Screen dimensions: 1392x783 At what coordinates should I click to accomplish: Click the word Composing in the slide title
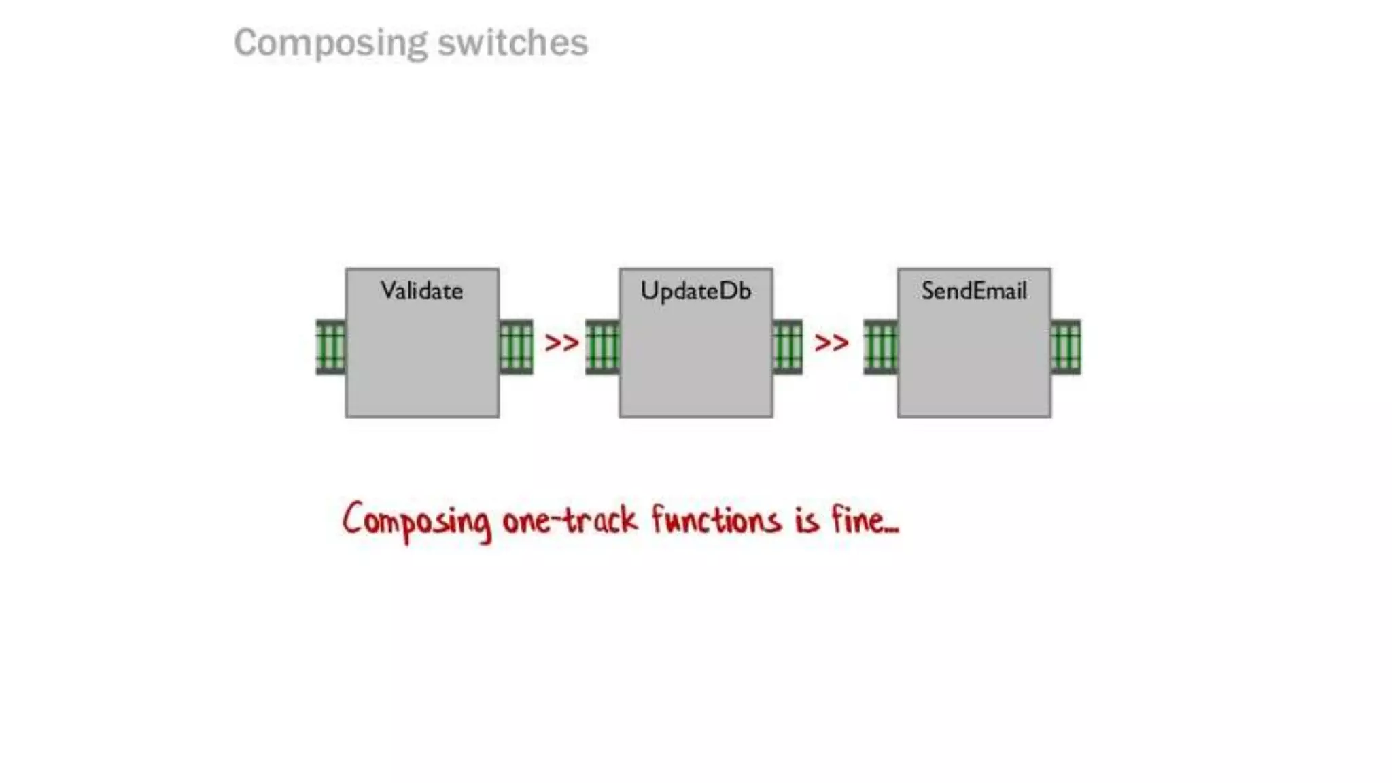point(330,43)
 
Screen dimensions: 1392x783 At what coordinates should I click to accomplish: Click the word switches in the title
point(512,43)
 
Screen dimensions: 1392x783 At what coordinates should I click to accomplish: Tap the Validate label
point(421,291)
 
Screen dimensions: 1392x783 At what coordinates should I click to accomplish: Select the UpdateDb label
point(695,291)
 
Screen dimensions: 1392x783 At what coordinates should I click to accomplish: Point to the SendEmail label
point(973,291)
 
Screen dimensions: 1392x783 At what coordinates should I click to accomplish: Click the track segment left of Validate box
point(331,347)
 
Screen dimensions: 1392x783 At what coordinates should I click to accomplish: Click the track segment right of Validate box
point(516,347)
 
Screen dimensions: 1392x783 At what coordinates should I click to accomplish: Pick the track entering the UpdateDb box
point(602,347)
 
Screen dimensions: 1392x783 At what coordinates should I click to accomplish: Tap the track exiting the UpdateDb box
point(787,347)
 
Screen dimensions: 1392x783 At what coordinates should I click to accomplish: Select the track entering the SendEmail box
point(880,347)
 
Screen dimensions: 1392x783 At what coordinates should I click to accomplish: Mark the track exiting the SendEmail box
point(1065,347)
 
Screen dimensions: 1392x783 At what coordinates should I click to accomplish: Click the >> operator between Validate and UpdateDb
point(561,343)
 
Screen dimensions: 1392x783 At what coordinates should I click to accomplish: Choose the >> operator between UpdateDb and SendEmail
point(831,343)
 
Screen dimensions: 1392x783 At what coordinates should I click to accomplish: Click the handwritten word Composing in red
point(416,522)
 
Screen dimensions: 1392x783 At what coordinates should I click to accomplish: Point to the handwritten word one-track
point(570,521)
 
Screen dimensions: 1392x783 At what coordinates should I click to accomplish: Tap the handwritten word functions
point(716,521)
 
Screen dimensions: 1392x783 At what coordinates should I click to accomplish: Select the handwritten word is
point(807,521)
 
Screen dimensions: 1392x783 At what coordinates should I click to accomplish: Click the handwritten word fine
point(860,521)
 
